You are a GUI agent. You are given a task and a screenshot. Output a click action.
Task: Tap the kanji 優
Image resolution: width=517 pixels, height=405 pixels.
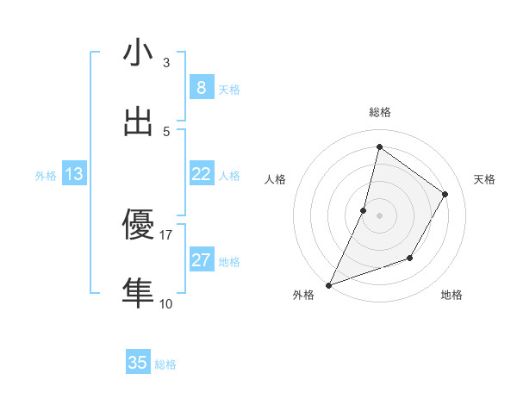pos(138,225)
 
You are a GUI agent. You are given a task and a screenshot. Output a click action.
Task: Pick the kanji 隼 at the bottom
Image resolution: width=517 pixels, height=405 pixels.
pos(138,293)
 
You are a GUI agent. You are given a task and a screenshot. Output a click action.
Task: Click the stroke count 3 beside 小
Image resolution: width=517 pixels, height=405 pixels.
pos(166,63)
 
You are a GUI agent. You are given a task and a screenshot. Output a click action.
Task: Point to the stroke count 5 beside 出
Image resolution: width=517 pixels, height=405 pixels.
pos(166,132)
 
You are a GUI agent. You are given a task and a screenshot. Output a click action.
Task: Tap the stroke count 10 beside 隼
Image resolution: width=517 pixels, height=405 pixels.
pos(166,303)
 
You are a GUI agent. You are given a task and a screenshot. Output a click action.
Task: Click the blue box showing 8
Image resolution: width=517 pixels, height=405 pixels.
pos(201,87)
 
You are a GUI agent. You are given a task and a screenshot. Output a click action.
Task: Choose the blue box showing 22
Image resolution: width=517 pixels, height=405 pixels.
pos(201,174)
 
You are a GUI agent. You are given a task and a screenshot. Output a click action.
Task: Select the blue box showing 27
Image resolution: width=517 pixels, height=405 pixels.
pos(201,260)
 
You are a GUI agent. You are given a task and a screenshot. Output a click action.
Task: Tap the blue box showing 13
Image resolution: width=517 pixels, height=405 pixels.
pos(74,174)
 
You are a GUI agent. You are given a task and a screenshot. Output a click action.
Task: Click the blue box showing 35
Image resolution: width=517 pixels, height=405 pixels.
pos(138,363)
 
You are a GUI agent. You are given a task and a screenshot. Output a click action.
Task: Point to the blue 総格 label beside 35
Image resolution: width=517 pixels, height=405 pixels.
pos(165,364)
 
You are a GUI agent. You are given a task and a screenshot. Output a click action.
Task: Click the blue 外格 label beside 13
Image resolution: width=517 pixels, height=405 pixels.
pos(46,176)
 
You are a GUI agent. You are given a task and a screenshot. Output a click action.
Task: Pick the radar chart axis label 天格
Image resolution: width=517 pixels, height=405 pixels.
pos(484,179)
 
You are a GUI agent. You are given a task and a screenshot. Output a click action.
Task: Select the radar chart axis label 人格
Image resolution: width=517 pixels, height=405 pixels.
pos(275,179)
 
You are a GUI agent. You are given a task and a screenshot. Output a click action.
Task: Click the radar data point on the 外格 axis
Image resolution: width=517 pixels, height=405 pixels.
pos(328,285)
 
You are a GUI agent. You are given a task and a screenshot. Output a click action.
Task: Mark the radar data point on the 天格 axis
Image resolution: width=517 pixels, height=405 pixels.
pos(445,194)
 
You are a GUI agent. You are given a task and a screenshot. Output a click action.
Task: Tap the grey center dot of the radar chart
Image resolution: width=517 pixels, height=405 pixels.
pos(379,215)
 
